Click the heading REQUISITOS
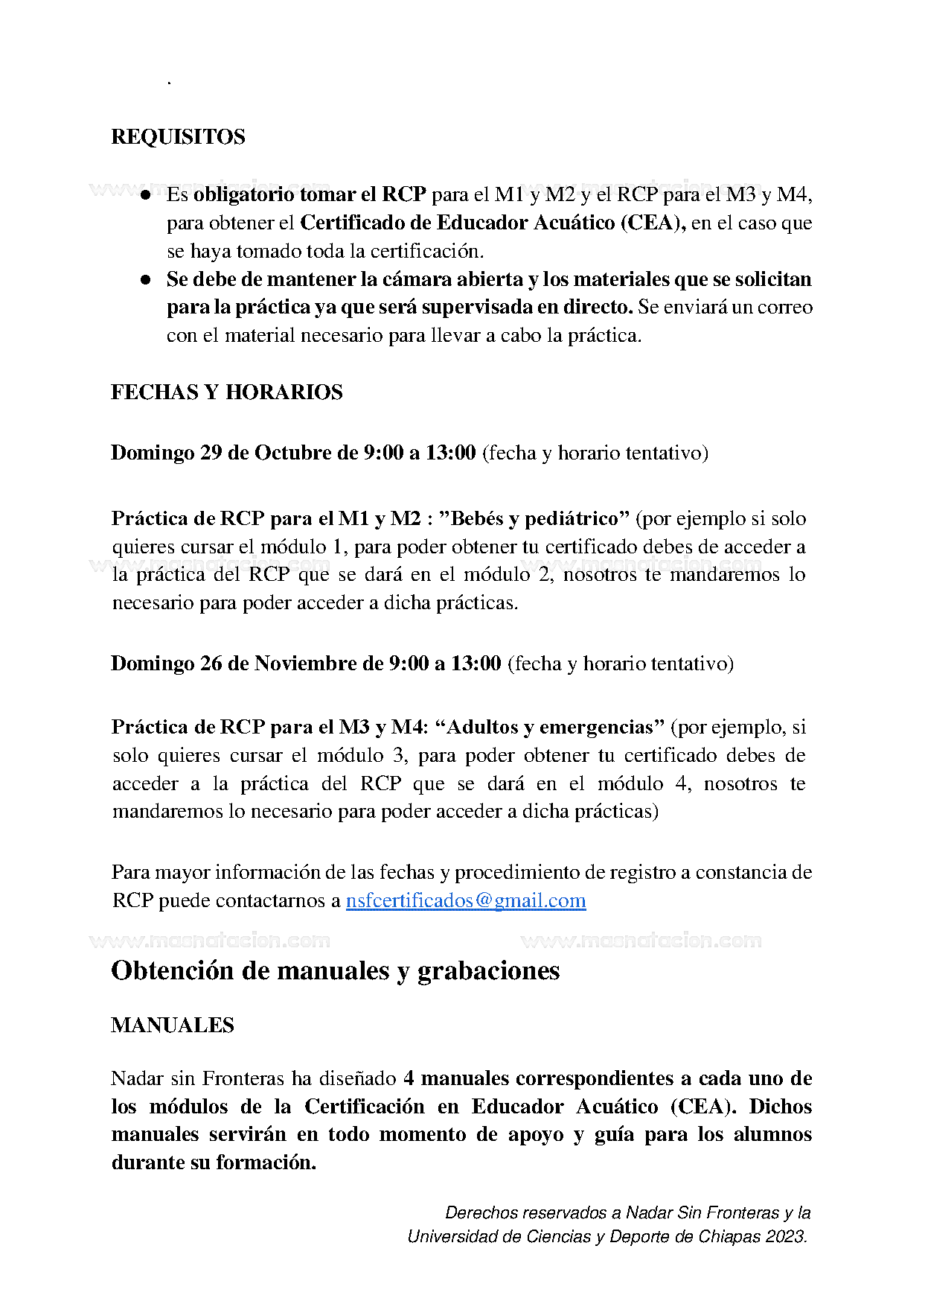tap(178, 137)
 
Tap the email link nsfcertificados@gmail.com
tap(465, 900)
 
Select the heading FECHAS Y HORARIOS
tap(226, 392)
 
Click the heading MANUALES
tap(172, 1025)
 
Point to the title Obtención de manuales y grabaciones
tap(335, 970)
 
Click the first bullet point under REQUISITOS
tap(146, 195)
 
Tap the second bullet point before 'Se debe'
tap(146, 280)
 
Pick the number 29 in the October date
tap(211, 453)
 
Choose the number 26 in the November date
tap(211, 664)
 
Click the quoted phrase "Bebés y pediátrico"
tap(534, 518)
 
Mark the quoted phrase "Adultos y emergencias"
tap(549, 727)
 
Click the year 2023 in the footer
tap(786, 1237)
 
